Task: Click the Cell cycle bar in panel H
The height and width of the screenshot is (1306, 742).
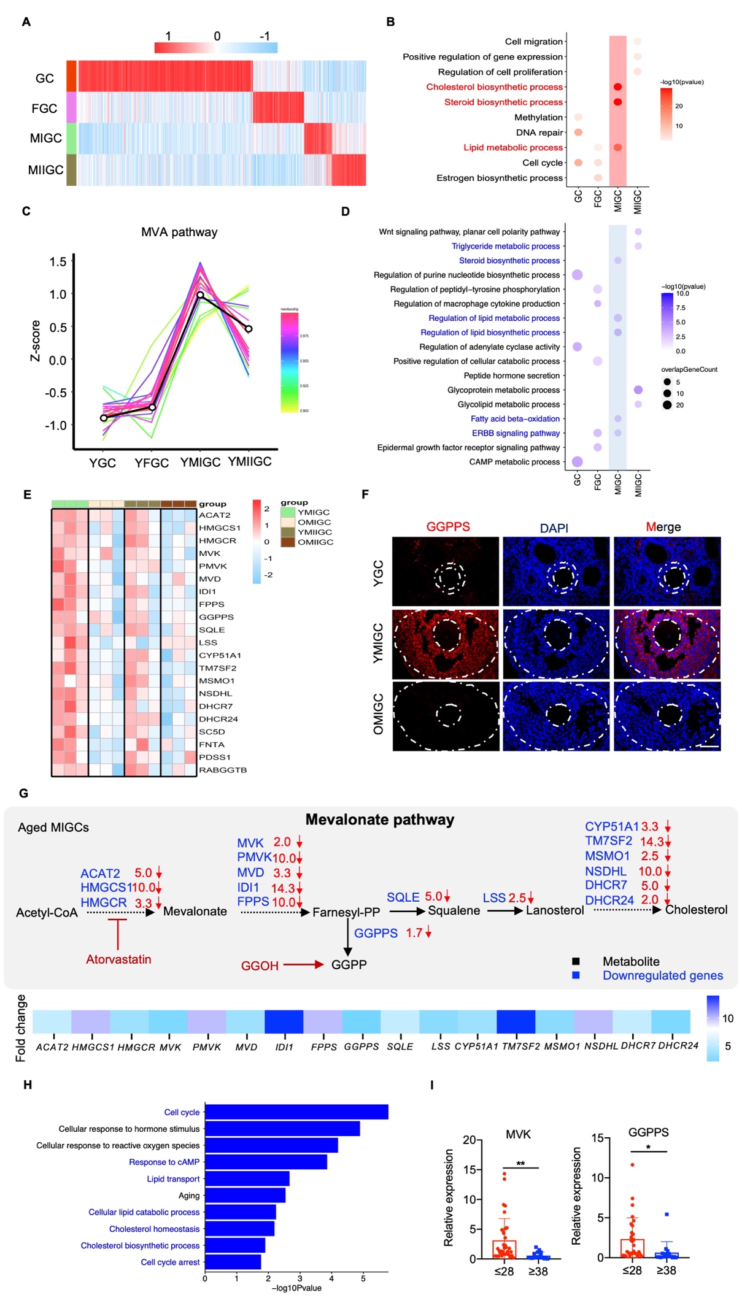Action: pos(296,1112)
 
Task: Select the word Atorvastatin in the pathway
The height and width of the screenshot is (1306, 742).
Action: pos(118,959)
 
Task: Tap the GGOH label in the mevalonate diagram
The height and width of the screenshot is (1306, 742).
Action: pos(260,966)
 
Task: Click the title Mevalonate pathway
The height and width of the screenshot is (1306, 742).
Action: pos(379,820)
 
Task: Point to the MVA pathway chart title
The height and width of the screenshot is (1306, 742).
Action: pos(179,232)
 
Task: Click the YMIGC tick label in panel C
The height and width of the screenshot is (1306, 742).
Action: pos(200,462)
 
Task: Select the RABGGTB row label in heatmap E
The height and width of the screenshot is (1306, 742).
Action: pos(223,770)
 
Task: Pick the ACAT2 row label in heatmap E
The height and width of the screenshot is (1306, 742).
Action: pos(214,515)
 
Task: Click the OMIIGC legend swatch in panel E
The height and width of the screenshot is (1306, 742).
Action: pos(287,542)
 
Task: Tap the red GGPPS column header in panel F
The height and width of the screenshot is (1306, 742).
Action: pos(448,526)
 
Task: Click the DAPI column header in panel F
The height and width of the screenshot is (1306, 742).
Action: pos(554,528)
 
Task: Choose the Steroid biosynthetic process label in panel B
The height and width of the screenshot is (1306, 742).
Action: pos(503,102)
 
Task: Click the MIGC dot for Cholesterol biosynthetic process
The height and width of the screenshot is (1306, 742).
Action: pos(617,87)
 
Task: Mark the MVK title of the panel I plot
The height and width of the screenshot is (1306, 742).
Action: pos(518,1134)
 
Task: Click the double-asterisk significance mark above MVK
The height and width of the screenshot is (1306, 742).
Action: pos(520,1164)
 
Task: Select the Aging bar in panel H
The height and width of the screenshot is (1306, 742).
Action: pos(245,1195)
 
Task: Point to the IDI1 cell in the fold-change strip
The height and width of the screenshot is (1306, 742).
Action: pos(284,1022)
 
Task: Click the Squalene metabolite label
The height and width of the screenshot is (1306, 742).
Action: pos(454,910)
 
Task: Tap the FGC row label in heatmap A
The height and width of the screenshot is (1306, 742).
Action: pos(44,109)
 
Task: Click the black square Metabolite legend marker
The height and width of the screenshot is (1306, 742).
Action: pos(576,961)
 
